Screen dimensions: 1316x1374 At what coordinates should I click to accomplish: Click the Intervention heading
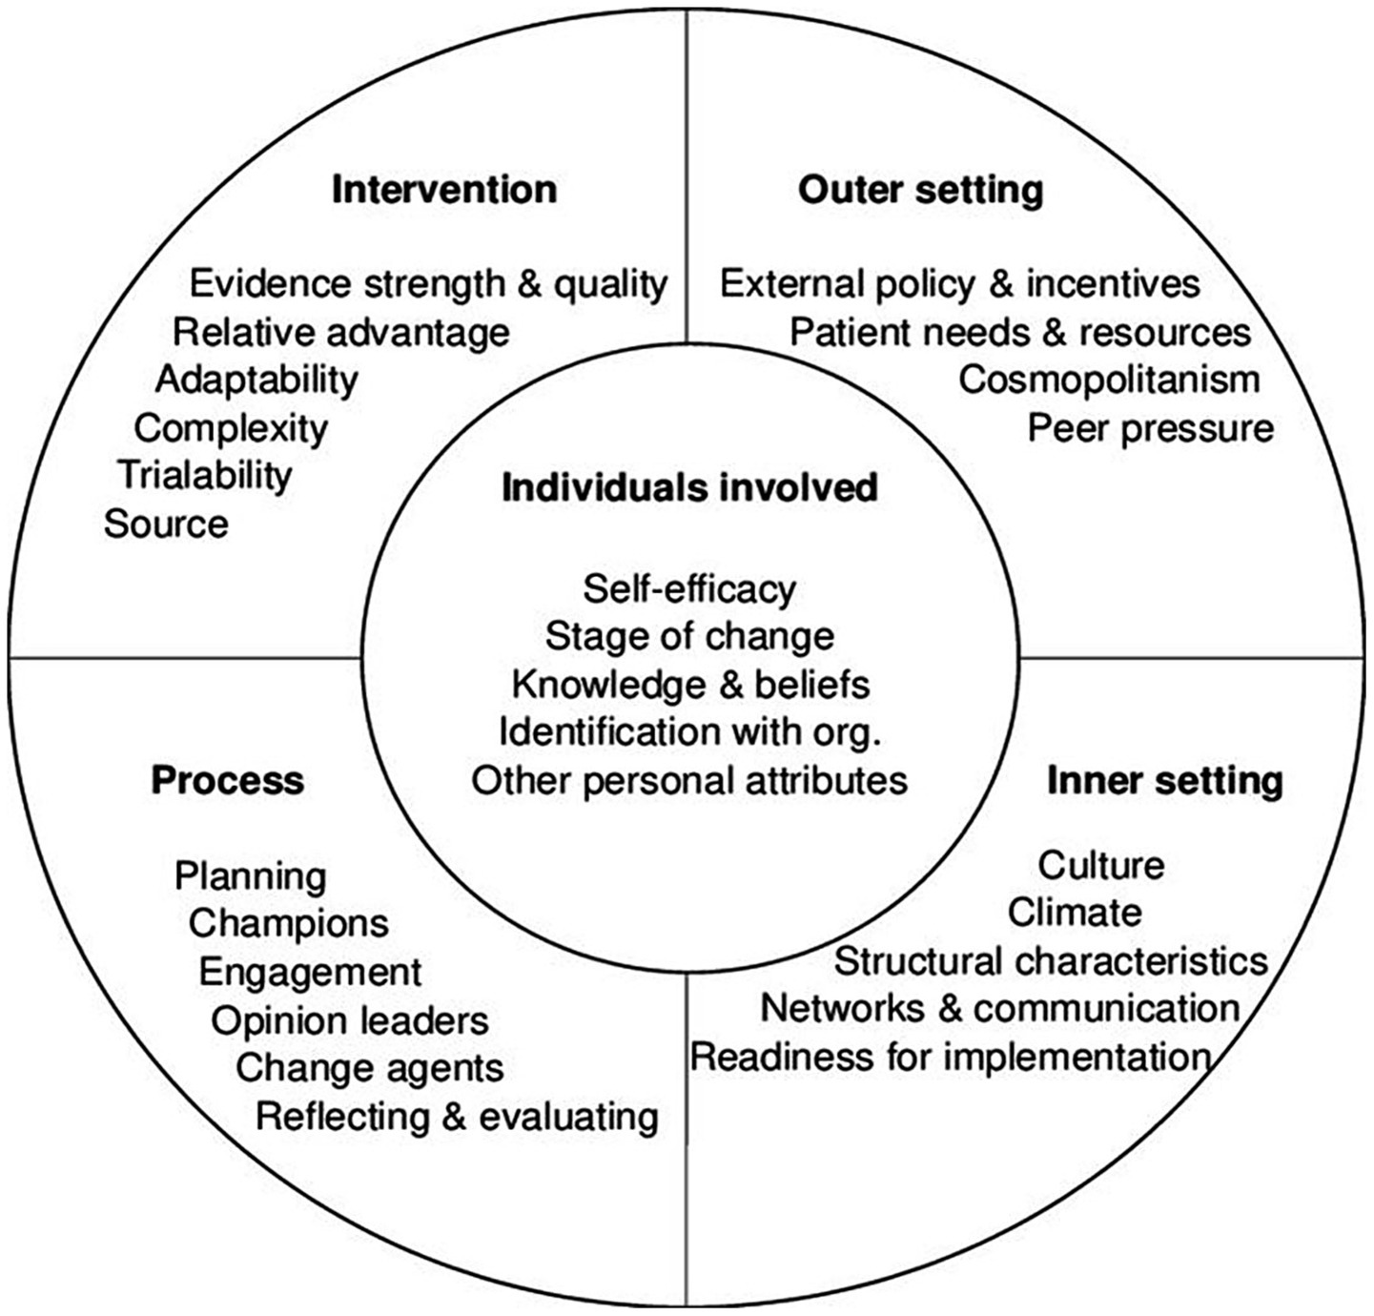click(x=444, y=189)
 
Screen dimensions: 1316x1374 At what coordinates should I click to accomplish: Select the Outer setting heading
click(x=920, y=189)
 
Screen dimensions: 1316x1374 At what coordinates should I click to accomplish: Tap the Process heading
click(x=227, y=780)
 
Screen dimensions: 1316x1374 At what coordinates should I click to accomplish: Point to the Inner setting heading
click(x=1164, y=780)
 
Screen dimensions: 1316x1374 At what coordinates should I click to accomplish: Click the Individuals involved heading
click(x=689, y=487)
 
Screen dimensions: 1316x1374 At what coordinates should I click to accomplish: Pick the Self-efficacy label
click(x=689, y=588)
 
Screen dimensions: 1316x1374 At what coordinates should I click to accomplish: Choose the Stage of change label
click(x=689, y=636)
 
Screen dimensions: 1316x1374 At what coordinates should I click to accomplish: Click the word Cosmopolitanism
click(x=1109, y=380)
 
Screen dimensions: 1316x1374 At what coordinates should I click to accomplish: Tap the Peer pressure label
click(x=1150, y=428)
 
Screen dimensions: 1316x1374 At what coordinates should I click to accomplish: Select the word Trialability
click(x=205, y=475)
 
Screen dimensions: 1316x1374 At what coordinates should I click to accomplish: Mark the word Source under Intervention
click(x=166, y=524)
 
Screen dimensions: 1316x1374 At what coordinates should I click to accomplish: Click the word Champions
click(x=289, y=923)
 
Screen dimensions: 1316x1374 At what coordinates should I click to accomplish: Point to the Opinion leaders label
click(x=350, y=1020)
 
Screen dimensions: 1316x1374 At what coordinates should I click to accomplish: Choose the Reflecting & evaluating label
click(x=457, y=1116)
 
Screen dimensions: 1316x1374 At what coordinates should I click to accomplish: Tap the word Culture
click(x=1100, y=865)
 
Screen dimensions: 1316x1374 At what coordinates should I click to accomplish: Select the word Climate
click(x=1075, y=913)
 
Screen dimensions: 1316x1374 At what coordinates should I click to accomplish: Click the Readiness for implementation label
click(x=951, y=1057)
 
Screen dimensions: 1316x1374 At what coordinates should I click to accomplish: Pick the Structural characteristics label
click(x=1051, y=960)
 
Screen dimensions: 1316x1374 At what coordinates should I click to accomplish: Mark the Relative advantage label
click(x=341, y=332)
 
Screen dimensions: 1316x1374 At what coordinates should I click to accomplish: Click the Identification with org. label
click(x=689, y=731)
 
